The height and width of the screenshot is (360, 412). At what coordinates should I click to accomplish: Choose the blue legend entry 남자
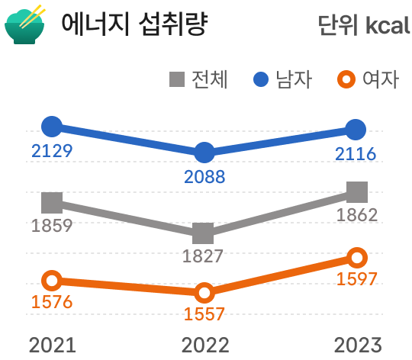pos(283,79)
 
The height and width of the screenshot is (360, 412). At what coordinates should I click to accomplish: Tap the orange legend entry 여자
pos(369,79)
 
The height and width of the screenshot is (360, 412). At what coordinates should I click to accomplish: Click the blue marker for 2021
pos(52,126)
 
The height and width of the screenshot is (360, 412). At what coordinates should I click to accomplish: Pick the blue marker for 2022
pos(204,153)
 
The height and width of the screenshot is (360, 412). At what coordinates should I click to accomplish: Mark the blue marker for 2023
pos(356,130)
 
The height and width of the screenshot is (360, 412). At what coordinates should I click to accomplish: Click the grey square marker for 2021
pos(52,202)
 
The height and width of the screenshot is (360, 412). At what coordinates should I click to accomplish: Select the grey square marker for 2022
pos(204,233)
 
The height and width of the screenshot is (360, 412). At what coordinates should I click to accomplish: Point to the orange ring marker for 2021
pos(52,281)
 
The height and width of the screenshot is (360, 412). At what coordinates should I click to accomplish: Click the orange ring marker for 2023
pos(356,258)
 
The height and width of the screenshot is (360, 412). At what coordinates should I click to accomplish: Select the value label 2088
pos(204,178)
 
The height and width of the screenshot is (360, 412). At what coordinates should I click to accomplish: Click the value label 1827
pos(203,256)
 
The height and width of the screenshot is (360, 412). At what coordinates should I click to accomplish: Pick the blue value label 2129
pos(52,150)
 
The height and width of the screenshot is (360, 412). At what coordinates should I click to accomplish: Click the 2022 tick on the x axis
pos(204,345)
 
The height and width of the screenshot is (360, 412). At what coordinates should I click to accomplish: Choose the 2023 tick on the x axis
pos(356,345)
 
